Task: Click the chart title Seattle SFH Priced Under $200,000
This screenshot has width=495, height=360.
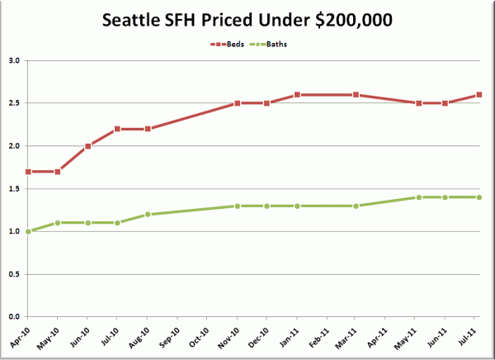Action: pyautogui.click(x=247, y=20)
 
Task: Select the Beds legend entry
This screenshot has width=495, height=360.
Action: pyautogui.click(x=228, y=45)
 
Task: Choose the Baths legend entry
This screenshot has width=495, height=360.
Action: pyautogui.click(x=268, y=45)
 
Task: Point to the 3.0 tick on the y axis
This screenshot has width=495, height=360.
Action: pyautogui.click(x=14, y=60)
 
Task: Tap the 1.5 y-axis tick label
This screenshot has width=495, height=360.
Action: pyautogui.click(x=14, y=189)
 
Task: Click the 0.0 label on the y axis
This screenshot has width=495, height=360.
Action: pyautogui.click(x=14, y=317)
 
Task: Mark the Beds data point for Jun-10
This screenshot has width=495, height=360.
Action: pyautogui.click(x=87, y=146)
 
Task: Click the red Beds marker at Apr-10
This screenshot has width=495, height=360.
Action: pyautogui.click(x=28, y=172)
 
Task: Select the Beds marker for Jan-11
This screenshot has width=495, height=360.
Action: pyautogui.click(x=297, y=94)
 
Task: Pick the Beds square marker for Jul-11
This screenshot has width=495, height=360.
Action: pyautogui.click(x=478, y=94)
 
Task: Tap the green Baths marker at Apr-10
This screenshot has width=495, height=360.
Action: pyautogui.click(x=28, y=232)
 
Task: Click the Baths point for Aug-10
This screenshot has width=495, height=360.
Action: pyautogui.click(x=148, y=215)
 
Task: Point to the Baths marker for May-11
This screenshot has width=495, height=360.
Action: pyautogui.click(x=419, y=197)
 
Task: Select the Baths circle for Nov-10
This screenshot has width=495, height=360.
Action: pyautogui.click(x=238, y=206)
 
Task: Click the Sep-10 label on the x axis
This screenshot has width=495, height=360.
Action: pyautogui.click(x=169, y=337)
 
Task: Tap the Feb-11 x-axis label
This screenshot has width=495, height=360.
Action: pyautogui.click(x=318, y=337)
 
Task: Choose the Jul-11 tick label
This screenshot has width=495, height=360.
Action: pyautogui.click(x=467, y=337)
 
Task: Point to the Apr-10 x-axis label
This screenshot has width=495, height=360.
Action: pyautogui.click(x=20, y=337)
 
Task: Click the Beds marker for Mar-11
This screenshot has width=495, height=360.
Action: pyautogui.click(x=356, y=94)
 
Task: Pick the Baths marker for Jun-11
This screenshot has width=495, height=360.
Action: pyautogui.click(x=445, y=197)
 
